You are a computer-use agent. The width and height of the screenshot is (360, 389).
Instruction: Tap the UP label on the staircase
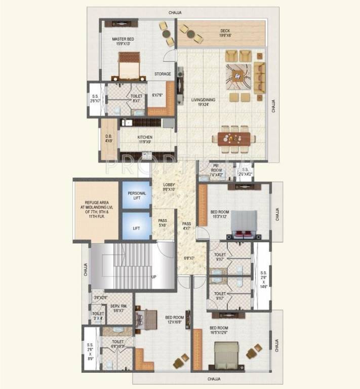pyautogui.click(x=153, y=277)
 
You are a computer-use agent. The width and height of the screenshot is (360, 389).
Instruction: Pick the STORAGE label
pyautogui.click(x=163, y=74)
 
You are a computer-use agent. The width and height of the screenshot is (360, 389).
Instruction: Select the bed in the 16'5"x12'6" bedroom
pyautogui.click(x=226, y=355)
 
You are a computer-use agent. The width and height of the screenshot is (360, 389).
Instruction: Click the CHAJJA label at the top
pyautogui.click(x=175, y=12)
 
